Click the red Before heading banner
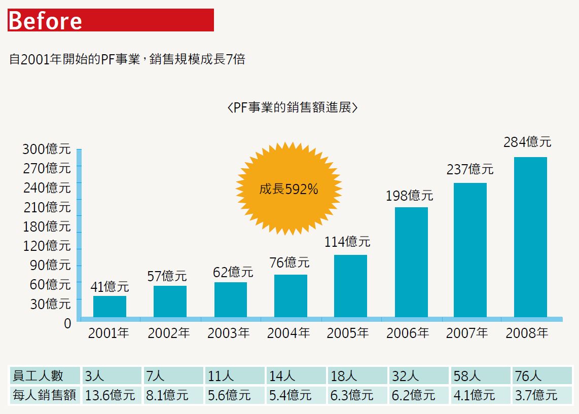(x=111, y=20)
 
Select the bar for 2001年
(x=110, y=307)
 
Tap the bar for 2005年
(x=350, y=286)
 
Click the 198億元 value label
(x=409, y=196)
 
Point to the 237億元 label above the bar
(x=469, y=169)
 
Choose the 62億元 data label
(x=233, y=272)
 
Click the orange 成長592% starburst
(x=288, y=190)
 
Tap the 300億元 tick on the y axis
(x=47, y=149)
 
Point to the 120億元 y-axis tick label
(x=47, y=246)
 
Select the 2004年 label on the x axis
(x=288, y=333)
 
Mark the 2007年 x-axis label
(x=467, y=333)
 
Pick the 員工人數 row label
(x=45, y=375)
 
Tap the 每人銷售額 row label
(x=45, y=395)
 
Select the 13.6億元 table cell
(x=111, y=395)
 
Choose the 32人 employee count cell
(x=419, y=375)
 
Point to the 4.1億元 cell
(x=480, y=395)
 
